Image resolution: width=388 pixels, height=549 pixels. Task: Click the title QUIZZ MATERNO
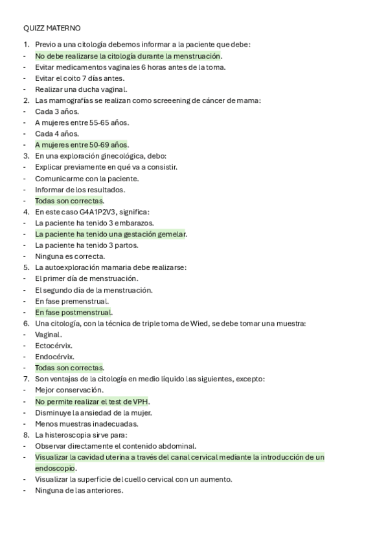(52, 28)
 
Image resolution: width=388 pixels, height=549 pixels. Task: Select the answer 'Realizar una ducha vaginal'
(81, 89)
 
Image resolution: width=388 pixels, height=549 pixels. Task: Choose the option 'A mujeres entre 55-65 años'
(82, 122)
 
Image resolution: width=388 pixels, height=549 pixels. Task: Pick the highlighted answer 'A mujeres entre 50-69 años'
(82, 144)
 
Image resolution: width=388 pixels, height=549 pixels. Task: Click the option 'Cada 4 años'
(57, 133)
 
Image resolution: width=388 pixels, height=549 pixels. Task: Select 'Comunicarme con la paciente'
(87, 178)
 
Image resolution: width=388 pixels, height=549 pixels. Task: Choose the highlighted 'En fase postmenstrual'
(73, 312)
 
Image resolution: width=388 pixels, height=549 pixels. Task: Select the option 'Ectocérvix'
(54, 345)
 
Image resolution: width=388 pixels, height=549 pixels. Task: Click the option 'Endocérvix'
(54, 357)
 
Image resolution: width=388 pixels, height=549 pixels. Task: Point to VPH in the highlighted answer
(141, 401)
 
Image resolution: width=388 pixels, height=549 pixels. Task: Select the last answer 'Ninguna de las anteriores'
(79, 490)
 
